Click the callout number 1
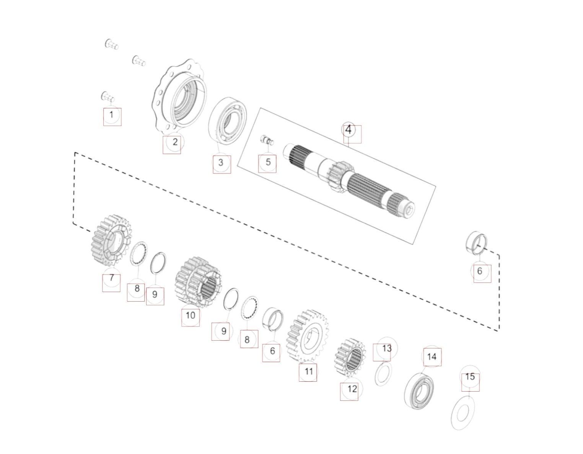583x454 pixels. coord(111,115)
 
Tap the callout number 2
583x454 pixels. coord(175,142)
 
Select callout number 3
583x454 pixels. coord(220,162)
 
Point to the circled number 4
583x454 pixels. coord(348,130)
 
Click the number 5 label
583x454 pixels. coord(268,162)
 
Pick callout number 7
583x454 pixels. coord(112,278)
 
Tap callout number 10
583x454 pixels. coord(190,315)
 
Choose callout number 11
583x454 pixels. coord(309,371)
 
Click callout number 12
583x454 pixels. coord(352,389)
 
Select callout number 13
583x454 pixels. coord(387,348)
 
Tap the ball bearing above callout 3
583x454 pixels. coord(228,121)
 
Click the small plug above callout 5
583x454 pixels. coord(267,140)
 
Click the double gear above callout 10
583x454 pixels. coord(198,282)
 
